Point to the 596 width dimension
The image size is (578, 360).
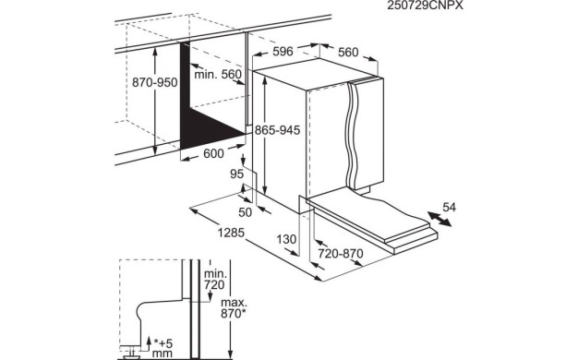[283, 52]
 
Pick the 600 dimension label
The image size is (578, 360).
[212, 153]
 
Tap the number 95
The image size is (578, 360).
[237, 173]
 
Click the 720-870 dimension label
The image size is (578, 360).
[339, 252]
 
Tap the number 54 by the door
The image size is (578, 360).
[450, 207]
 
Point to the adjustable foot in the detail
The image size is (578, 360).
[135, 348]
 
